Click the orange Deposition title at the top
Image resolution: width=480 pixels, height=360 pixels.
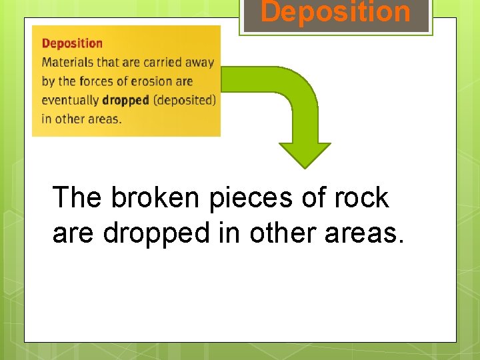[x=335, y=12]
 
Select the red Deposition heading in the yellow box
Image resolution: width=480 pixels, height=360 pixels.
[x=72, y=44]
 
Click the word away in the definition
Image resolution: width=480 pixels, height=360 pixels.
[x=199, y=63]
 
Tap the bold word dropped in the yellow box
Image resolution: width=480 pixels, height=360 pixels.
[x=125, y=101]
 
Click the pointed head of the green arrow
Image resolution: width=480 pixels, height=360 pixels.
[x=304, y=155]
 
